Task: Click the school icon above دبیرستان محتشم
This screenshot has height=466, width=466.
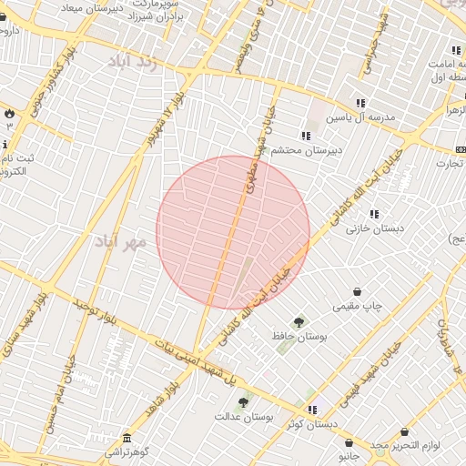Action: click(x=306, y=136)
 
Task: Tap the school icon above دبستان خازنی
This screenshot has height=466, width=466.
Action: click(x=374, y=214)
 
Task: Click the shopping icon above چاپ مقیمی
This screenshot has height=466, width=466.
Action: click(x=356, y=292)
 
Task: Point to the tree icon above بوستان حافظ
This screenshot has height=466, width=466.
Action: click(x=299, y=322)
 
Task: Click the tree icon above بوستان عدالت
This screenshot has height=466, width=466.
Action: click(x=243, y=401)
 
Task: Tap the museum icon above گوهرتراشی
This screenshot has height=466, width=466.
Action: click(x=126, y=437)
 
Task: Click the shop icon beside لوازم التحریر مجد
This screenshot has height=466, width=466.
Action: click(x=404, y=431)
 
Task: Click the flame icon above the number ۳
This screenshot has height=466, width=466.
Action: click(x=9, y=113)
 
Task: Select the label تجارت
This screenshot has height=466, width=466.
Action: click(x=450, y=164)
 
